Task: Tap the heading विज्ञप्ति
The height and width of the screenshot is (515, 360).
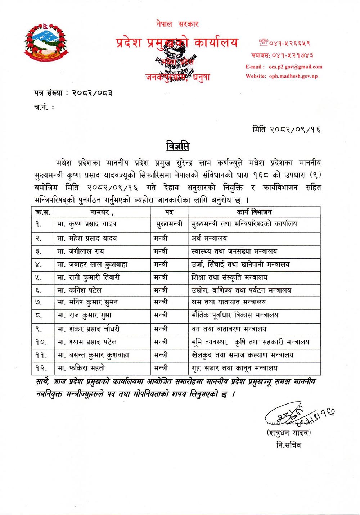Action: [x=178, y=146]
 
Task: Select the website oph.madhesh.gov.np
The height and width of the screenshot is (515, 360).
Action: [x=293, y=76]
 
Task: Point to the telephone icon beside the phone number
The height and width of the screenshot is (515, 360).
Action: [x=264, y=42]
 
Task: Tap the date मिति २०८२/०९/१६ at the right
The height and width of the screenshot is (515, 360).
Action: [x=286, y=129]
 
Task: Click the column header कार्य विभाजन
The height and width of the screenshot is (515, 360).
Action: [x=254, y=212]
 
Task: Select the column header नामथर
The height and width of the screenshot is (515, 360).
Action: [x=101, y=212]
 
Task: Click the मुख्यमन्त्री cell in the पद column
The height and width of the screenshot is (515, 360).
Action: [x=169, y=224]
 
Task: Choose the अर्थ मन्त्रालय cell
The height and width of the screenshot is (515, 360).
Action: [x=209, y=238]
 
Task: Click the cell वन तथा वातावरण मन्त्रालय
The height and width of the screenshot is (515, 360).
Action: [x=229, y=329]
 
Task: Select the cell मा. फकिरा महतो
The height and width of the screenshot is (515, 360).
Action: [x=81, y=368]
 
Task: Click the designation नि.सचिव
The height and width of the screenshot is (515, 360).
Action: [x=289, y=445]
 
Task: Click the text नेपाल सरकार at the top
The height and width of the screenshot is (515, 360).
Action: [x=177, y=24]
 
